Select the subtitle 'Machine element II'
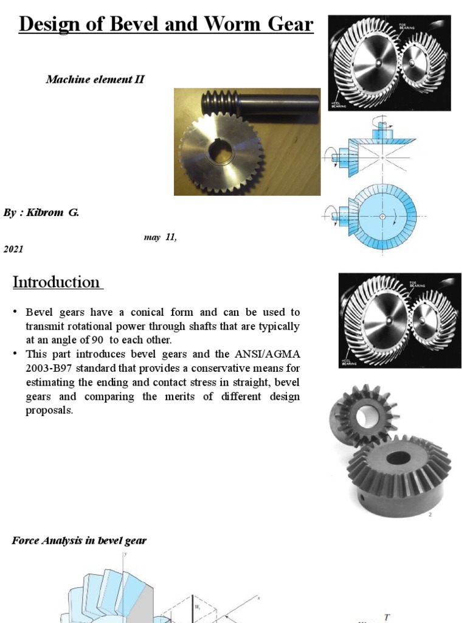[x=95, y=79]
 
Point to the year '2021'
[x=14, y=249]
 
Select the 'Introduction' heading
[x=57, y=282]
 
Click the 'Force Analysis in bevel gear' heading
[x=79, y=540]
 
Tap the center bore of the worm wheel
[x=218, y=152]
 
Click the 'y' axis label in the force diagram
[x=125, y=554]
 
